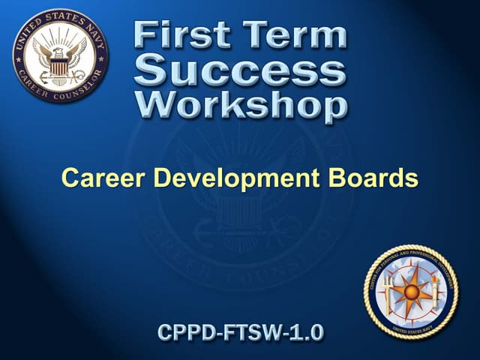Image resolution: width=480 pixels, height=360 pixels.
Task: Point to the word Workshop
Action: click(240, 105)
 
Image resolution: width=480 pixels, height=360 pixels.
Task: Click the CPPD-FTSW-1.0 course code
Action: click(240, 332)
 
